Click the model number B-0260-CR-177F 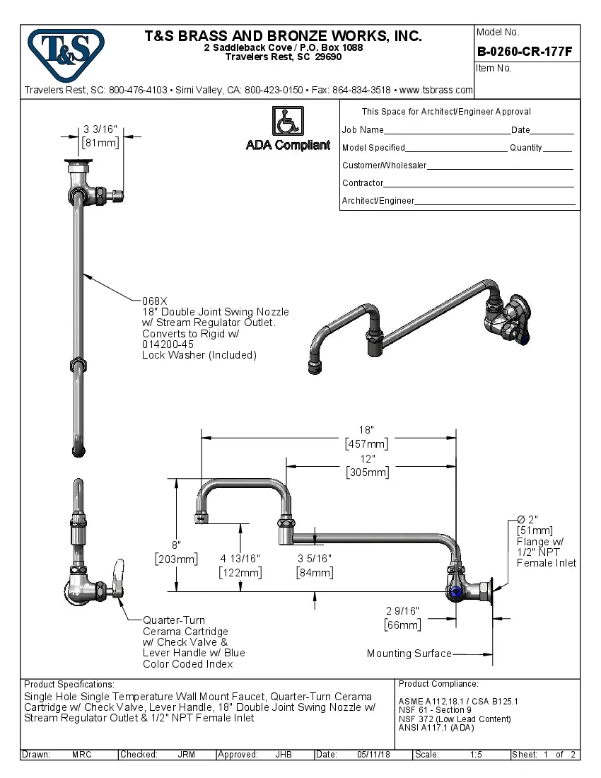coord(524,52)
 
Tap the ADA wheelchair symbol coord(288,121)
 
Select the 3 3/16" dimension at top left coord(100,130)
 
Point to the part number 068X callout coord(155,301)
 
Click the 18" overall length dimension coord(366,430)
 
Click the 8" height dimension coord(175,545)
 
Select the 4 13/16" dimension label coord(240,558)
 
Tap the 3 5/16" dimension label coord(314,558)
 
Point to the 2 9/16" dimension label coord(402,610)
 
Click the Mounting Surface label coord(409,654)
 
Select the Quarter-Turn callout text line coord(175,620)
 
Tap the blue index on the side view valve coord(456,592)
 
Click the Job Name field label coord(363,130)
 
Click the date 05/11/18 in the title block coord(373,755)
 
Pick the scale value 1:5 coord(476,755)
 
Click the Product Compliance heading coord(438,684)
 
